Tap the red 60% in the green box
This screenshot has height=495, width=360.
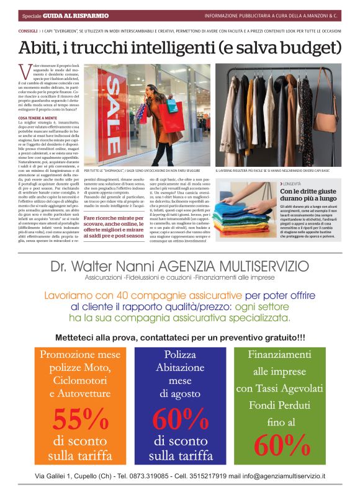pyautogui.click(x=282, y=443)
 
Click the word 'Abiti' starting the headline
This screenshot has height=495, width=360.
pyautogui.click(x=40, y=47)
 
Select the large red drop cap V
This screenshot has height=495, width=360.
pyautogui.click(x=24, y=70)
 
